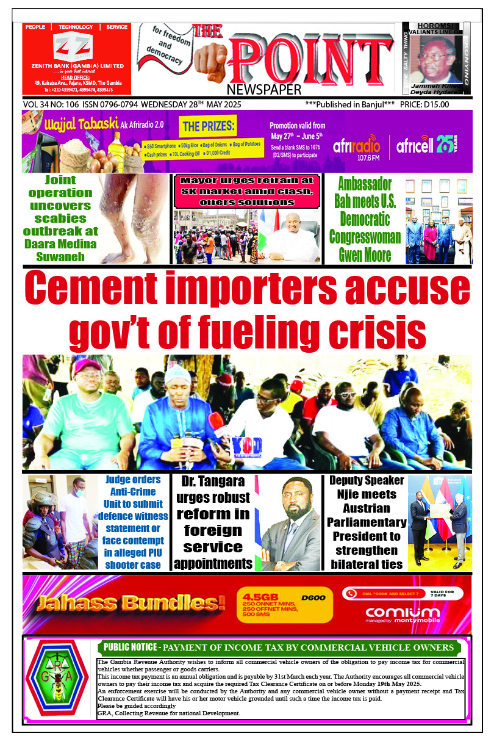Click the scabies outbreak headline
coord(60,218)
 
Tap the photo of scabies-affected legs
coord(132,218)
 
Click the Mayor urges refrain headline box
coord(247,191)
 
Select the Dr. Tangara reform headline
coord(213,522)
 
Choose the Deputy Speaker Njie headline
coord(367,522)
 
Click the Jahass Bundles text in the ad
coord(130,604)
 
